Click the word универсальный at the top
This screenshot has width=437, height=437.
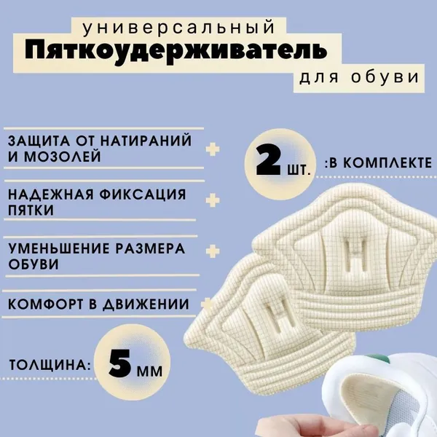point(178,28)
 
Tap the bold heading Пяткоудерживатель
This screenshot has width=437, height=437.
point(176,50)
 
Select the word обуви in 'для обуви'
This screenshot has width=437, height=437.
point(385,77)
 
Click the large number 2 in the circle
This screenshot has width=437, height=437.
point(269,160)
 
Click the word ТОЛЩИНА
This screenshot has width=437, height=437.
point(50,365)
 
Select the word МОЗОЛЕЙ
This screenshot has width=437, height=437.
point(62,157)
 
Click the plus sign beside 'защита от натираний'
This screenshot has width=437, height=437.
point(213,149)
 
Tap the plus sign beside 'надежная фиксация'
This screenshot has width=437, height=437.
point(213,200)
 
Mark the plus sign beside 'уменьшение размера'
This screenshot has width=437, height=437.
point(213,251)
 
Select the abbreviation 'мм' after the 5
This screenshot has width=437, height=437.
point(149,371)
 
